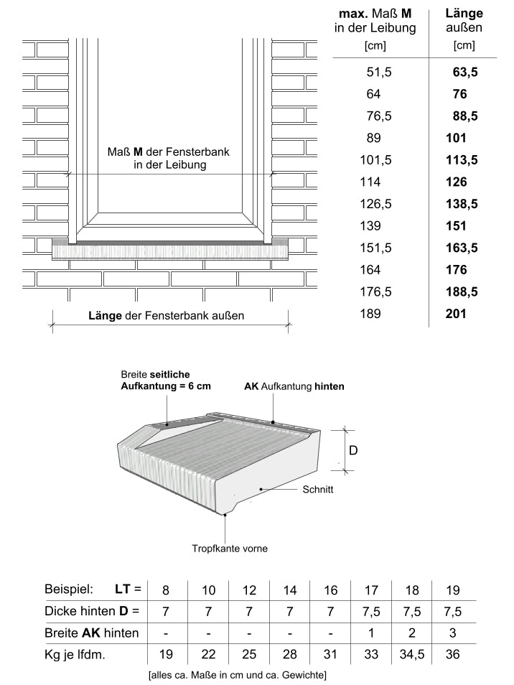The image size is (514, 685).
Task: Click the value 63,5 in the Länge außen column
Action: click(465, 72)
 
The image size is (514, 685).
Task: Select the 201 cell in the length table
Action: click(456, 314)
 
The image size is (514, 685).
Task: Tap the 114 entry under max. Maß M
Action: click(370, 182)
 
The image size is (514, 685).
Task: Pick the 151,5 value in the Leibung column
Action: click(375, 248)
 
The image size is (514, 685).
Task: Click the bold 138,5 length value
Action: click(462, 204)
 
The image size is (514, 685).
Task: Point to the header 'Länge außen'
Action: click(464, 20)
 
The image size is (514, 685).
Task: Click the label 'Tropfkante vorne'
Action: click(230, 549)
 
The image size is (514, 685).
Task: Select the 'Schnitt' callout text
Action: click(318, 489)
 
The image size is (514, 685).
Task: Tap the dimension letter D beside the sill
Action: click(353, 450)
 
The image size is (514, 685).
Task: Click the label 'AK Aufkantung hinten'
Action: click(294, 386)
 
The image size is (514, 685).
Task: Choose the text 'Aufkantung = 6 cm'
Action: click(166, 386)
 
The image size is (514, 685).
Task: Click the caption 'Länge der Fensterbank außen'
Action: click(167, 315)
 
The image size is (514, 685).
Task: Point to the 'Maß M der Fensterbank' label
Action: click(169, 152)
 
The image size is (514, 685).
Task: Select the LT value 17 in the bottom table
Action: click(371, 590)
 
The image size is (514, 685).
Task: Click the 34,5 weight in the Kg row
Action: click(412, 654)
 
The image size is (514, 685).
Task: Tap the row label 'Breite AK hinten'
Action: click(92, 633)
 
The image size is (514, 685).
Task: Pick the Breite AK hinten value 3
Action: click(453, 633)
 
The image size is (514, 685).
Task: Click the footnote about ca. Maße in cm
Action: click(237, 675)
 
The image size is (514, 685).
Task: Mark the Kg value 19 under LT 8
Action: click(166, 654)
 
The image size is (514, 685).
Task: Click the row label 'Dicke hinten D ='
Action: click(92, 611)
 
